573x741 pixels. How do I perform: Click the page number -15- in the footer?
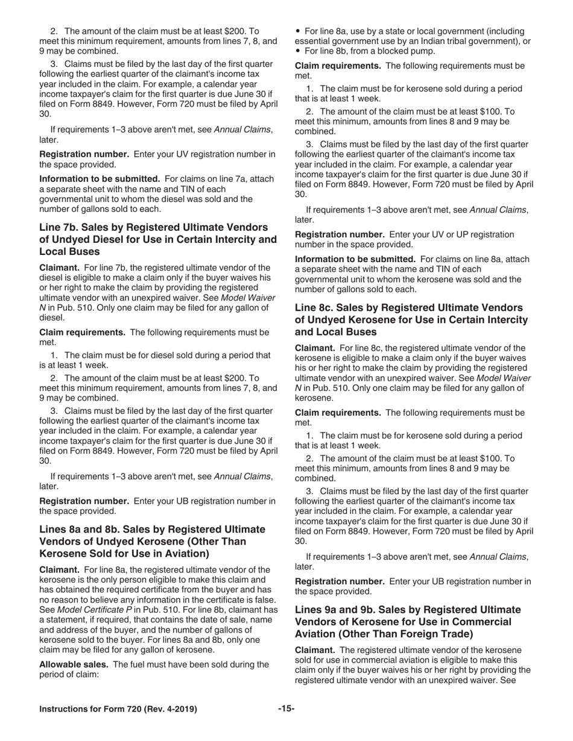coord(286,709)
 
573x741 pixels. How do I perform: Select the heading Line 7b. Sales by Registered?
coord(153,227)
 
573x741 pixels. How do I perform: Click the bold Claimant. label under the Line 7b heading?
coord(59,267)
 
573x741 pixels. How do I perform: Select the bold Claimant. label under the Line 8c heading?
coord(314,348)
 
